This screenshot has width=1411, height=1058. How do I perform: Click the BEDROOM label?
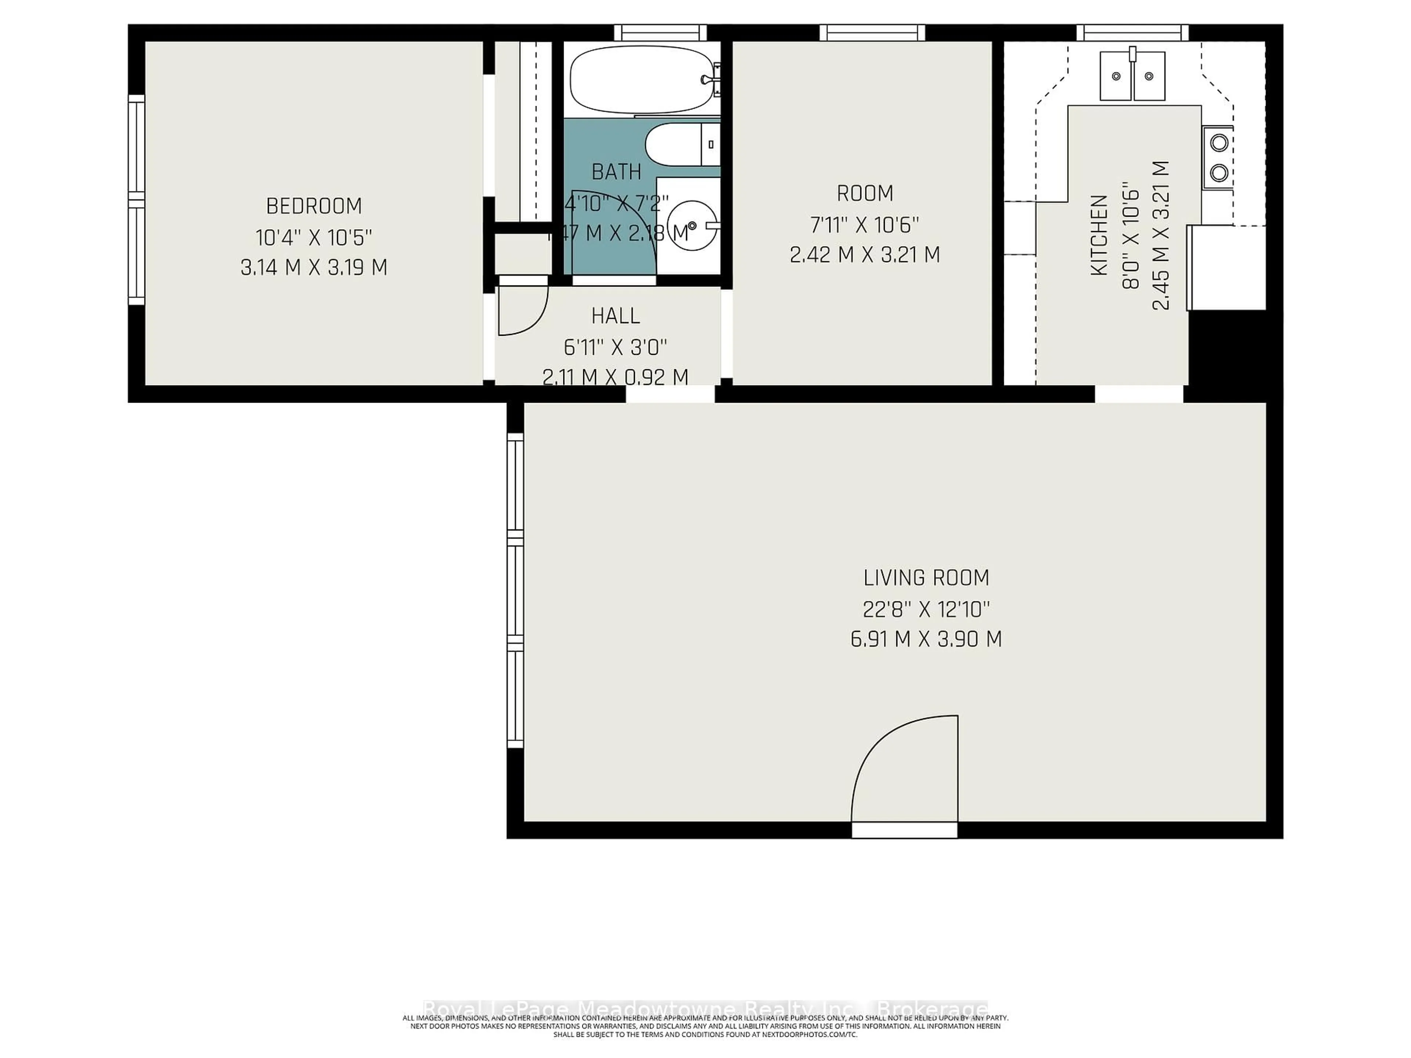tap(314, 206)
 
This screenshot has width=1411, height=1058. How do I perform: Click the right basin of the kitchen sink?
tap(1149, 76)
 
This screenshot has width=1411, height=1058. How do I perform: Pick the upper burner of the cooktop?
tap(1219, 143)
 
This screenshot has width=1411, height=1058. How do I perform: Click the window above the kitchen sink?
tap(1132, 33)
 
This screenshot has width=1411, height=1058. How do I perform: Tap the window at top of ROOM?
tap(871, 33)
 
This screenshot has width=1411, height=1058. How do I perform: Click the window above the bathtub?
tap(660, 33)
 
